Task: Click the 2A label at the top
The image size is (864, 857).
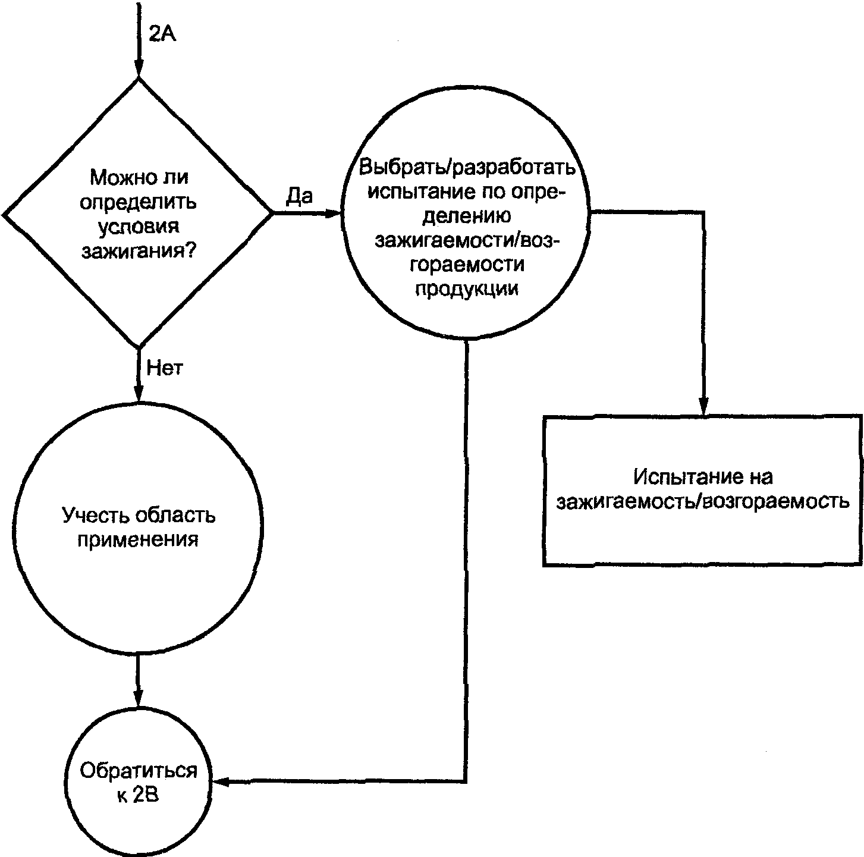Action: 162,34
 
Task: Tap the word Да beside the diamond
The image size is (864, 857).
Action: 300,196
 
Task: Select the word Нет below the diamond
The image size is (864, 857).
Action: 165,368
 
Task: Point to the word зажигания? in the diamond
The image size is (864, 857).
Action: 139,251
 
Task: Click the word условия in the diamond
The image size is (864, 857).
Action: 139,227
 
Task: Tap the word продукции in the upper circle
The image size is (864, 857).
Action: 467,288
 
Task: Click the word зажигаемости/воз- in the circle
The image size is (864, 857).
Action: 467,240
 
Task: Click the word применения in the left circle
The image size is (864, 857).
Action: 137,540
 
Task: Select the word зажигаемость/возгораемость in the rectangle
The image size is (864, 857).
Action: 703,502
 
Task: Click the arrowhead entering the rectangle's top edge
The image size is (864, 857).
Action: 703,406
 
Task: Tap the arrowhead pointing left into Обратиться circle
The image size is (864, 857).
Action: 221,781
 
